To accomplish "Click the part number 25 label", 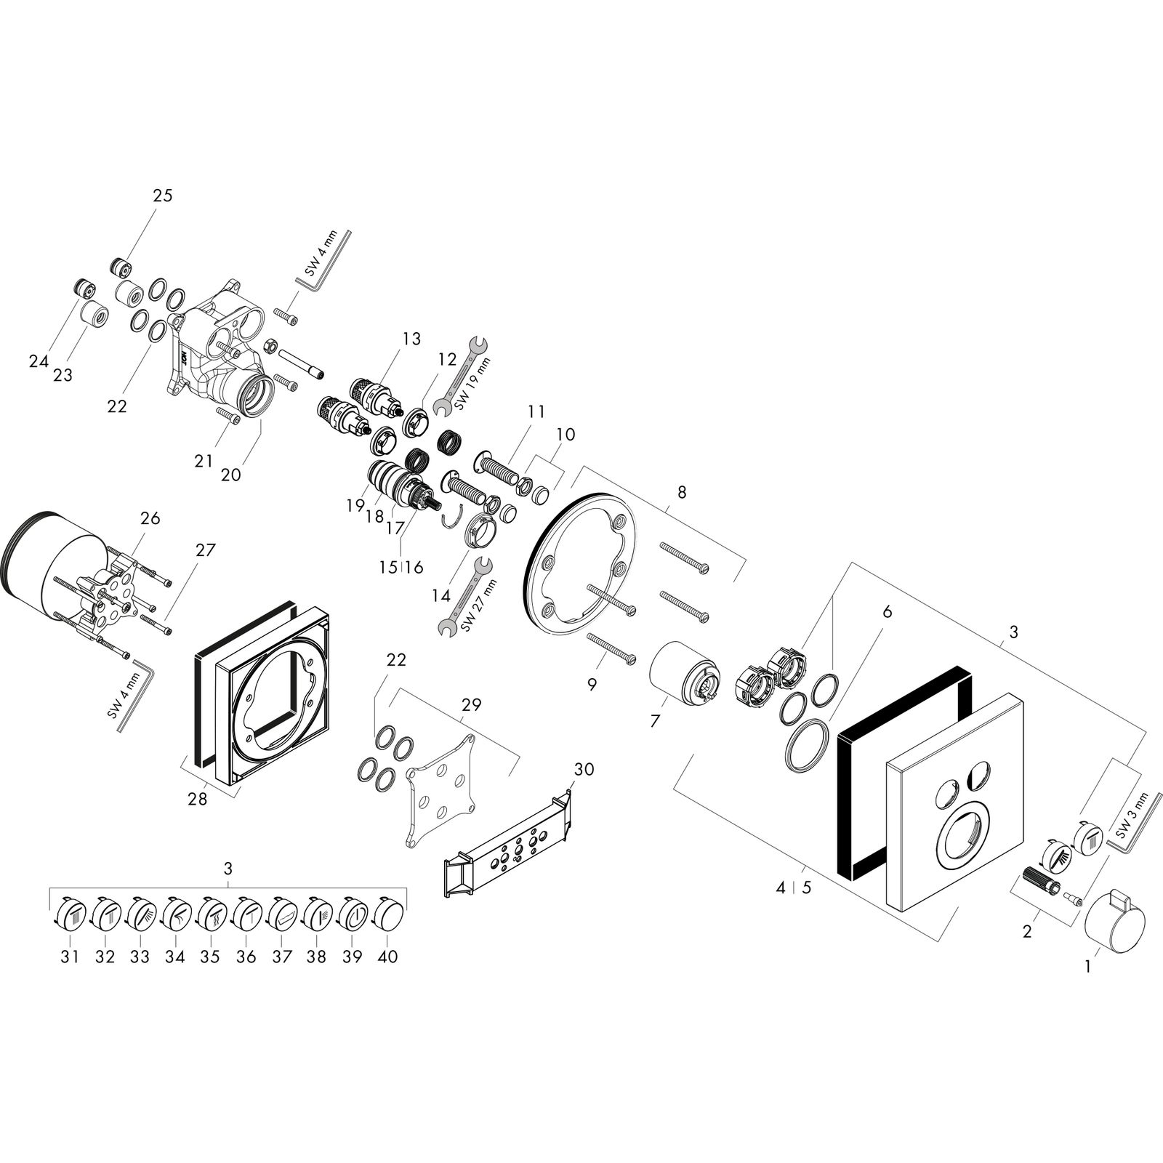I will [x=163, y=196].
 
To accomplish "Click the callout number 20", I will [x=230, y=474].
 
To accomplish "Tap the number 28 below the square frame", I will [x=197, y=799].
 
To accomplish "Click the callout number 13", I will [x=411, y=339].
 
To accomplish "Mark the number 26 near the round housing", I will [x=150, y=518].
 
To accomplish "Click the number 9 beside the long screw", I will [x=592, y=684].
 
